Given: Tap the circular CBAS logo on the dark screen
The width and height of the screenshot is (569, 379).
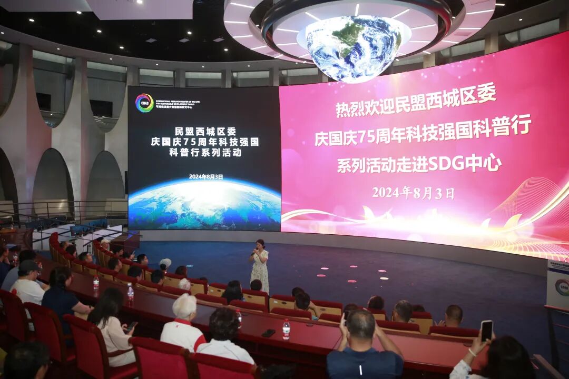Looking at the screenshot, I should point(144,103).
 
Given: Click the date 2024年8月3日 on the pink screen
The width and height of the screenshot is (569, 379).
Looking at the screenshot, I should point(413,193).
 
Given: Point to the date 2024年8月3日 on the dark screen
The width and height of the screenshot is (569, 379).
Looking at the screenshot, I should point(205,177).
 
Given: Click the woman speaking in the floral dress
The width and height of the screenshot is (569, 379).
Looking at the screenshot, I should point(260,266).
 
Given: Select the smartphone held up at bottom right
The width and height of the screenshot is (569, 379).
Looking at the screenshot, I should point(486,331).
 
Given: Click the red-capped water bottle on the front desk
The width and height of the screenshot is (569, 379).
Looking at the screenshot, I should point(286,329).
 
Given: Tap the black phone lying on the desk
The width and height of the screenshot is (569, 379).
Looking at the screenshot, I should point(268,333).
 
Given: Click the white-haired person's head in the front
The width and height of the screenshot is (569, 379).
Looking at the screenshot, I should point(184,306).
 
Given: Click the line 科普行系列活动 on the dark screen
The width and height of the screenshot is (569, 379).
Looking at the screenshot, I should point(205,153).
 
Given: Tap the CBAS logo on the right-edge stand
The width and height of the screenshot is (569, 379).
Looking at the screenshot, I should point(562,287).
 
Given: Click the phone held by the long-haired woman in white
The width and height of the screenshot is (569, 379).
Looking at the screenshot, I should point(131,326).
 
